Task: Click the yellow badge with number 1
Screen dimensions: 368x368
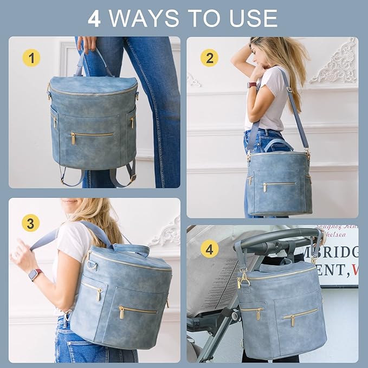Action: pos(31,57)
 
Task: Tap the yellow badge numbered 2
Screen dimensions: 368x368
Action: pos(209,57)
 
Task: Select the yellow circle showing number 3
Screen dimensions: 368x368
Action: pos(31,223)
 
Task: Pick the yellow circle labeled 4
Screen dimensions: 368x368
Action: pos(209,249)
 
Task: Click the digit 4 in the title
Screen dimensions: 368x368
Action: pos(94,18)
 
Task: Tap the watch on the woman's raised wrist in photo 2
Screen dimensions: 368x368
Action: pos(252,85)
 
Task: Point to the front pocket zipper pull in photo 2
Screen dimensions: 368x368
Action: pos(265,187)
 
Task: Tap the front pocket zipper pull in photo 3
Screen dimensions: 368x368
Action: pos(122,313)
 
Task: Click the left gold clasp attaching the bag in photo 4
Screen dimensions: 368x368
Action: pos(241,280)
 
